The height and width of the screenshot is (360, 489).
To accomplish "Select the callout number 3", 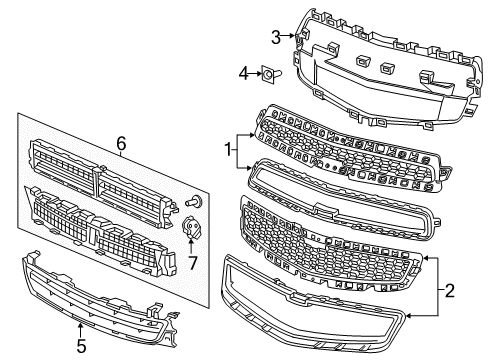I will pos(275,38).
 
